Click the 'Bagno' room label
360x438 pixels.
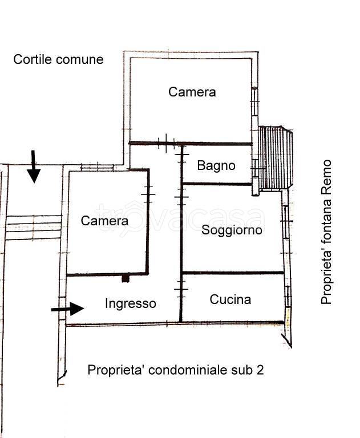tap(216, 166)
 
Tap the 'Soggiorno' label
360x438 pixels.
tap(232, 230)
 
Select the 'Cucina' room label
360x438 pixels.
tap(230, 299)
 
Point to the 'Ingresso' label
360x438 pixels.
tap(130, 304)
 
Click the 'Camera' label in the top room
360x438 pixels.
tap(192, 92)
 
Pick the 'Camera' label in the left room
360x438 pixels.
tap(104, 221)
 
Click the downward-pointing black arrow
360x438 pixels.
tap(34, 167)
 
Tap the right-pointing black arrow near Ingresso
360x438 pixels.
tap(68, 309)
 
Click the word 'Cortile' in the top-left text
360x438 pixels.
tap(33, 59)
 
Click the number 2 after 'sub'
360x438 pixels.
tap(260, 370)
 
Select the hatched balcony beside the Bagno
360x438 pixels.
tap(275, 158)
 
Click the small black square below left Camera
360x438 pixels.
tap(126, 279)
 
